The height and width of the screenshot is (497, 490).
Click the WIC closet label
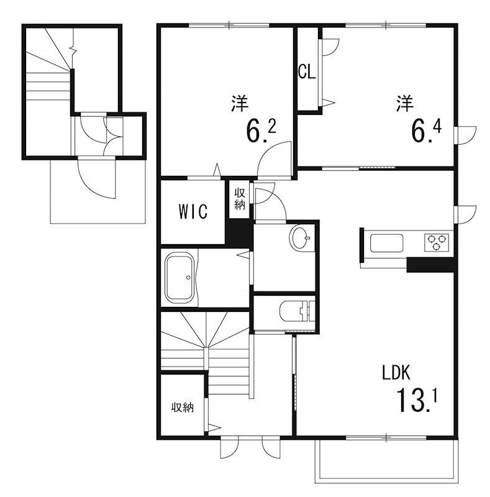(193, 211)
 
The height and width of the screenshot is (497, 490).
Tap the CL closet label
(307, 72)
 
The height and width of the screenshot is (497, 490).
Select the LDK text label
(396, 373)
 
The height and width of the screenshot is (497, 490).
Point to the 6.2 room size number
(261, 130)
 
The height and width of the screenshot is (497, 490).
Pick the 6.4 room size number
(426, 130)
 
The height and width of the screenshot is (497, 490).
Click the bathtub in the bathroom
(179, 278)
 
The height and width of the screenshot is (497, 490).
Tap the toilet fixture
(297, 311)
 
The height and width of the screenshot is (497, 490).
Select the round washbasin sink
(301, 238)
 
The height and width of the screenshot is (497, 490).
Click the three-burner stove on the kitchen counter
(437, 242)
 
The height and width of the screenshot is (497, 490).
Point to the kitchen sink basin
(386, 243)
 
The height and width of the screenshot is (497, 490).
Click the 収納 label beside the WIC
(240, 199)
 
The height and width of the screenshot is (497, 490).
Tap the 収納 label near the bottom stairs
(182, 408)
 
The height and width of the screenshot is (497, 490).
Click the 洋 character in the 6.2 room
(240, 103)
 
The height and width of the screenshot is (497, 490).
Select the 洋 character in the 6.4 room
(405, 103)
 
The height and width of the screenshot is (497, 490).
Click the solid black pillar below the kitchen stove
(432, 265)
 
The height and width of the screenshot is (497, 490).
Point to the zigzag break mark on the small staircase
(73, 52)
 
